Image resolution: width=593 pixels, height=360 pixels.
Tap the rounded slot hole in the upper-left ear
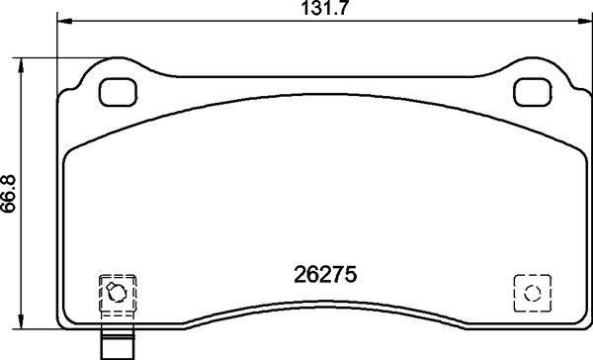119,92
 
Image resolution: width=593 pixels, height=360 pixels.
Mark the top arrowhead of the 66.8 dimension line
21,61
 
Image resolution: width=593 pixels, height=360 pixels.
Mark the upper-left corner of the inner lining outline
72,151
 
